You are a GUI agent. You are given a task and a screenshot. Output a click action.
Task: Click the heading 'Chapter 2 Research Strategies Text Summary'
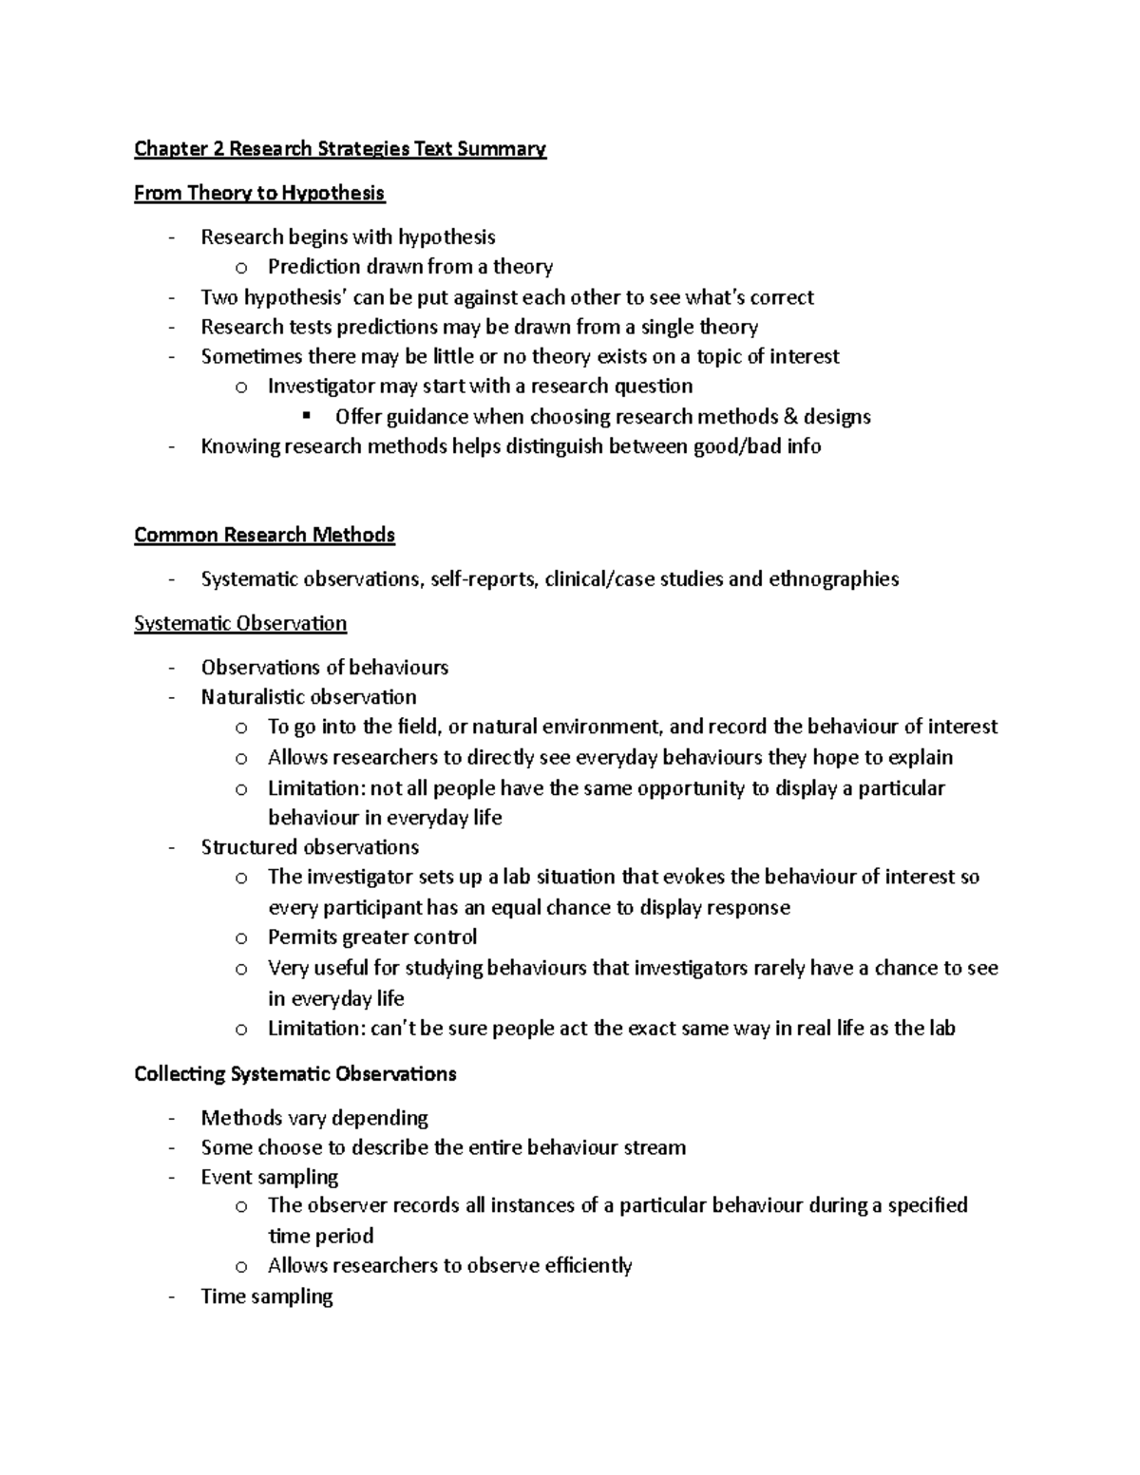[x=339, y=148]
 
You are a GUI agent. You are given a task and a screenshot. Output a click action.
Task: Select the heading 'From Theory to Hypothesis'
[x=259, y=193]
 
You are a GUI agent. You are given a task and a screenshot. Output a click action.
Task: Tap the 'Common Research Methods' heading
[x=264, y=535]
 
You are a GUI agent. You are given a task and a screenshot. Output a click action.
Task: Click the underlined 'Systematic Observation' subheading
[x=240, y=623]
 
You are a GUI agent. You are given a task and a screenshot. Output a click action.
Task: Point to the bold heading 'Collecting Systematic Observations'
[x=294, y=1073]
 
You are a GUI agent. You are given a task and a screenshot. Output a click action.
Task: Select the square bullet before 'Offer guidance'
[x=306, y=416]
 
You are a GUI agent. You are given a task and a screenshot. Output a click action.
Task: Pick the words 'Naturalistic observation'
[x=309, y=696]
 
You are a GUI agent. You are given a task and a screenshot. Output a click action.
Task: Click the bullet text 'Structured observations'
[x=310, y=846]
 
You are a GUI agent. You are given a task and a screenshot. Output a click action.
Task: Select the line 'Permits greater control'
[x=371, y=936]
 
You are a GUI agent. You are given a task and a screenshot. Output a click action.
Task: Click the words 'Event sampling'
[x=269, y=1177]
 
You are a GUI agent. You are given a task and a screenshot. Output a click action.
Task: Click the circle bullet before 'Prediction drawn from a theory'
[x=241, y=268]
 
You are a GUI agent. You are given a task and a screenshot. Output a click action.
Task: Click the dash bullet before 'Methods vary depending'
[x=171, y=1118]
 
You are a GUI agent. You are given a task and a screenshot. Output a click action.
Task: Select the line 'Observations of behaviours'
[x=324, y=667]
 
